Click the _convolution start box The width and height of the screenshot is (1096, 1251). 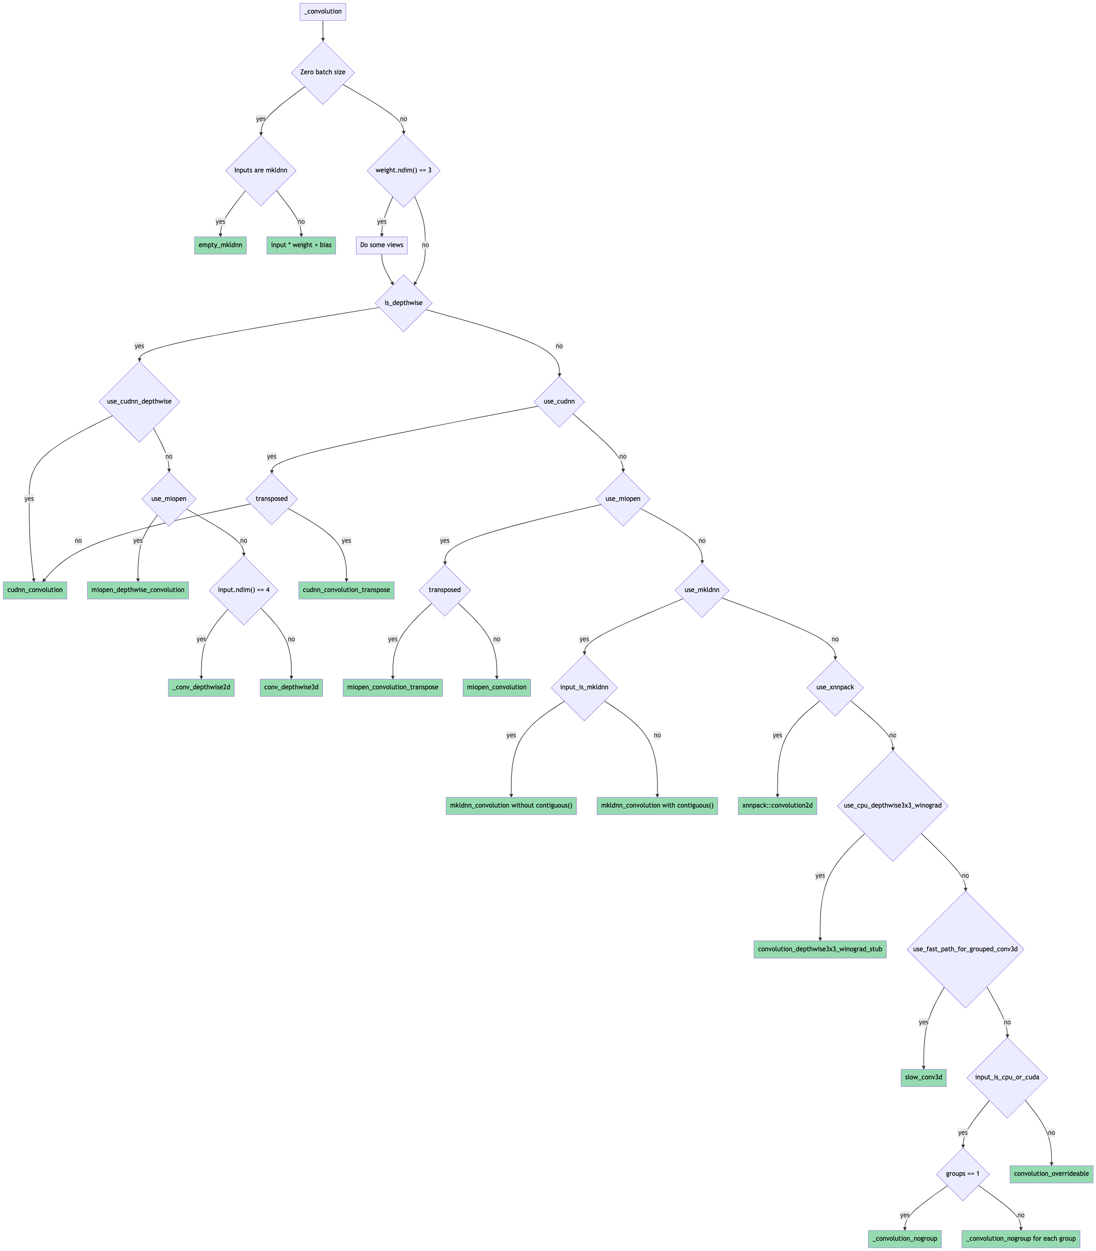322,11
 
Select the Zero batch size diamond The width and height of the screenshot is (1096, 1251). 322,72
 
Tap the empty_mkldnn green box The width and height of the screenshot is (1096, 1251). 220,245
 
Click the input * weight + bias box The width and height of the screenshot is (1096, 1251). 301,245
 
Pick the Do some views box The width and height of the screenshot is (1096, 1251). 381,245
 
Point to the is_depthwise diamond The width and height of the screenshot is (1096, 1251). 403,303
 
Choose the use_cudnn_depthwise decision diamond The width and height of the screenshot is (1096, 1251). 140,402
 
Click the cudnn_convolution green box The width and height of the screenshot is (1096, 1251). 35,590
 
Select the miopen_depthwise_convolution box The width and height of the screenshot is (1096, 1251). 138,590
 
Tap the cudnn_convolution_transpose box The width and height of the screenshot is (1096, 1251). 346,590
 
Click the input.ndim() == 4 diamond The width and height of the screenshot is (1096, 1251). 244,590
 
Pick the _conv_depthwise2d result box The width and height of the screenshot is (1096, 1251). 201,687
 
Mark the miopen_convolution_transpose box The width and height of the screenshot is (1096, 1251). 393,687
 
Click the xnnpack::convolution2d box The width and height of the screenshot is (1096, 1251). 777,805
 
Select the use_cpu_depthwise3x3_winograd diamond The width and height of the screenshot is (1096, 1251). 892,805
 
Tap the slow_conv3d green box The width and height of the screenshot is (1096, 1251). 923,1077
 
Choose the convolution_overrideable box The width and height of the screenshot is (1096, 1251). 1051,1174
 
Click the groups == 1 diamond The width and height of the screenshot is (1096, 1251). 962,1174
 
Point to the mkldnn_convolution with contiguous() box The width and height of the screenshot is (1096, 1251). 657,805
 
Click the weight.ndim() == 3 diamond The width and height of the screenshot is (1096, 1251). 403,170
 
